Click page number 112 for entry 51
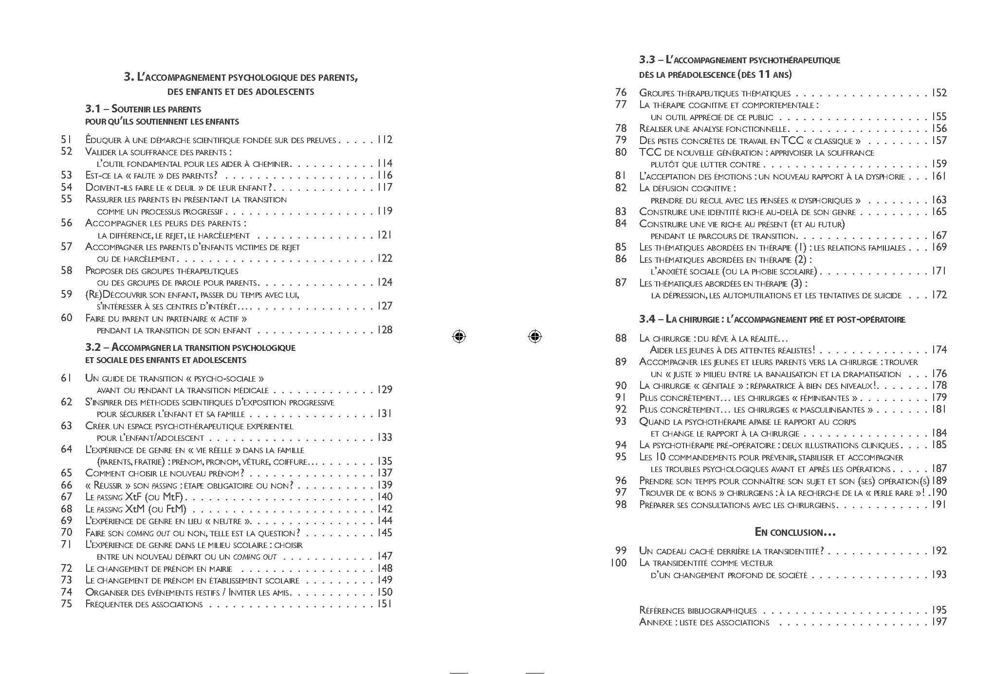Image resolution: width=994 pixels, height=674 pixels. (x=385, y=140)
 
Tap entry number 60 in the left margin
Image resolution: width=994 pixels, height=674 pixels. (x=67, y=318)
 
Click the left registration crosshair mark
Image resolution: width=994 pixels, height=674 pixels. (x=459, y=336)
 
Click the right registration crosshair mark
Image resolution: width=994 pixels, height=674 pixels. (x=534, y=336)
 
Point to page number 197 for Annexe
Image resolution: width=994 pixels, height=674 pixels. (x=939, y=621)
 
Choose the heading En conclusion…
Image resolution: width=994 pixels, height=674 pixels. (x=795, y=532)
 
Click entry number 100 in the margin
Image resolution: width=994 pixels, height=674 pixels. (x=619, y=563)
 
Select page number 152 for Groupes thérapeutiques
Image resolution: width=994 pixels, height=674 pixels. (x=939, y=93)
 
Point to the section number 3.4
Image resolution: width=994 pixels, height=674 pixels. (x=647, y=319)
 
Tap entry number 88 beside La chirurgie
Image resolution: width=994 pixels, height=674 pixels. (x=621, y=338)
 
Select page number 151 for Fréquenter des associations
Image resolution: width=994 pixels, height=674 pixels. (x=385, y=604)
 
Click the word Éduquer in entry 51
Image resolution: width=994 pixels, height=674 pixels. (x=103, y=140)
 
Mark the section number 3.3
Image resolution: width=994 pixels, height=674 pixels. (x=647, y=60)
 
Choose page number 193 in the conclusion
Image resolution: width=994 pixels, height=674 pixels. (x=939, y=575)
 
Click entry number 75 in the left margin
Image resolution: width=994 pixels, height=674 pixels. (x=67, y=604)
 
